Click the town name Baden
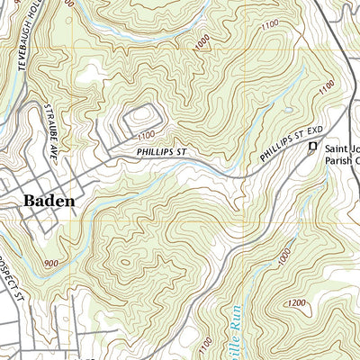[49, 202]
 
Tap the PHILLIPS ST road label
[162, 153]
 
